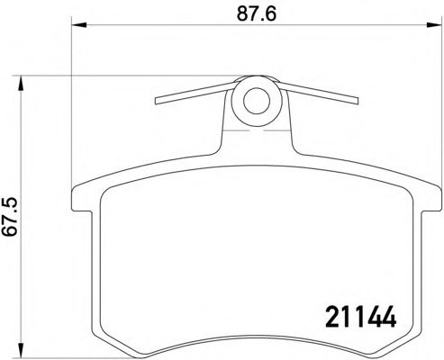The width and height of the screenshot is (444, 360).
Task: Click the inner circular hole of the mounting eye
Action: pyautogui.click(x=255, y=100)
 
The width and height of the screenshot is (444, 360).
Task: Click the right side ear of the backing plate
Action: pyautogui.click(x=433, y=203)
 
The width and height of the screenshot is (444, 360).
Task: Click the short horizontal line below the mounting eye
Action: pyautogui.click(x=255, y=132)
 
